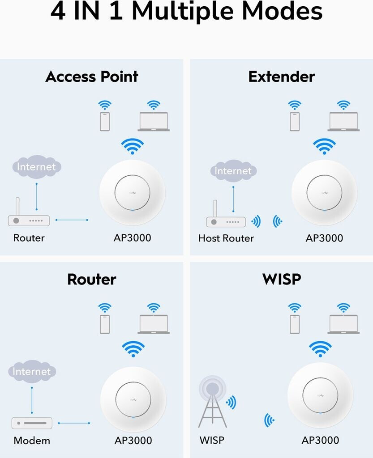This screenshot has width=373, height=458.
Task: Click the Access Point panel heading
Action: click(92, 77)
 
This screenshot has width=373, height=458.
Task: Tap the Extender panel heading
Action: click(282, 77)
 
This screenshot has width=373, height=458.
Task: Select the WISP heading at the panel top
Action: click(282, 279)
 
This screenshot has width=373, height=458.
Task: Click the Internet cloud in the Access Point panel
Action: click(37, 167)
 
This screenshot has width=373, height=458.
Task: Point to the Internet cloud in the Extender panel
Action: click(233, 171)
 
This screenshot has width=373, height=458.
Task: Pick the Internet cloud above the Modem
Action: click(32, 372)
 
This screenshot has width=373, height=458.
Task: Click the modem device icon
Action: click(32, 423)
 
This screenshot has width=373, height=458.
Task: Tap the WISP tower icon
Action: click(213, 402)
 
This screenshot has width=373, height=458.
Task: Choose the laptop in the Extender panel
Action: click(343, 122)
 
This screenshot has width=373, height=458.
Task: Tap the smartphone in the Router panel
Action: click(105, 324)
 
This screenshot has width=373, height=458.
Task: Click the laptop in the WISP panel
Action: click(343, 324)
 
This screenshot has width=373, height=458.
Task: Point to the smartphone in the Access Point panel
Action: click(105, 122)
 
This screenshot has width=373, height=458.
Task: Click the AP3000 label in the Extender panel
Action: click(324, 238)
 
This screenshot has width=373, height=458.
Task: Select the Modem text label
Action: click(32, 441)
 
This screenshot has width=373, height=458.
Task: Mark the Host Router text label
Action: click(226, 238)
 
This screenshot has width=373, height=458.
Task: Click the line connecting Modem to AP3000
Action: click(74, 423)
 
